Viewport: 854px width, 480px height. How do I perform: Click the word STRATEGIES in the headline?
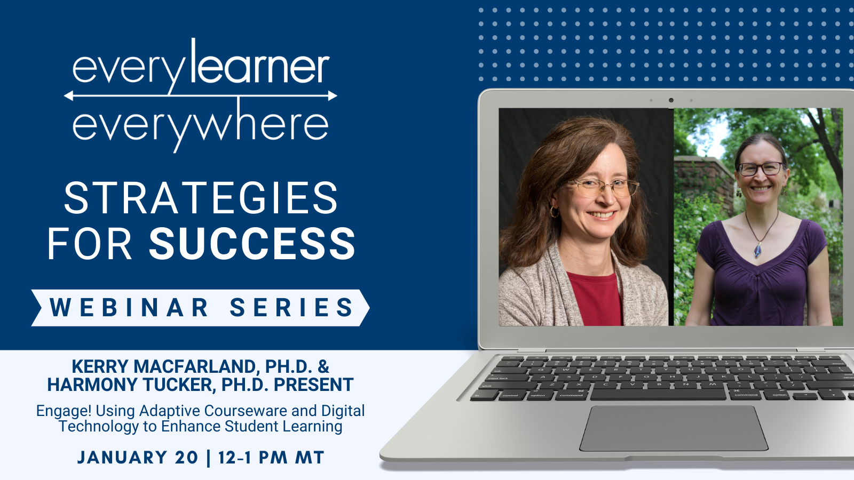pyautogui.click(x=201, y=197)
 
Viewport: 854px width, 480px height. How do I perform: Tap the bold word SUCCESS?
pyautogui.click(x=252, y=243)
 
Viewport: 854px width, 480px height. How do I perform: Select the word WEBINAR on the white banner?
pyautogui.click(x=129, y=307)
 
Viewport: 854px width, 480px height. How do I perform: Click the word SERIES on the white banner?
pyautogui.click(x=291, y=307)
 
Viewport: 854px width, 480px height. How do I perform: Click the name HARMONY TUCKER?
pyautogui.click(x=131, y=385)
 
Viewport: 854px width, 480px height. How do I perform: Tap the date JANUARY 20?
pyautogui.click(x=138, y=457)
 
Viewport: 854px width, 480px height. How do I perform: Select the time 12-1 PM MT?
pyautogui.click(x=272, y=457)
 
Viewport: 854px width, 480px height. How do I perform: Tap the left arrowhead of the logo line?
pyautogui.click(x=68, y=95)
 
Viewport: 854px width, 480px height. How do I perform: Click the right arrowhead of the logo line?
pyautogui.click(x=333, y=95)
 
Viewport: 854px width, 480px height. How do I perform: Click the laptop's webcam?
pyautogui.click(x=671, y=100)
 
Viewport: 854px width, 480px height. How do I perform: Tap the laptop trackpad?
pyautogui.click(x=673, y=428)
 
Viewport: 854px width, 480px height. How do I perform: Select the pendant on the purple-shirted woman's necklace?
pyautogui.click(x=758, y=250)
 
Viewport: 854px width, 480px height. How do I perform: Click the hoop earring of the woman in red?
pyautogui.click(x=554, y=212)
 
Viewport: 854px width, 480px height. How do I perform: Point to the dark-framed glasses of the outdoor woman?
pyautogui.click(x=761, y=169)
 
